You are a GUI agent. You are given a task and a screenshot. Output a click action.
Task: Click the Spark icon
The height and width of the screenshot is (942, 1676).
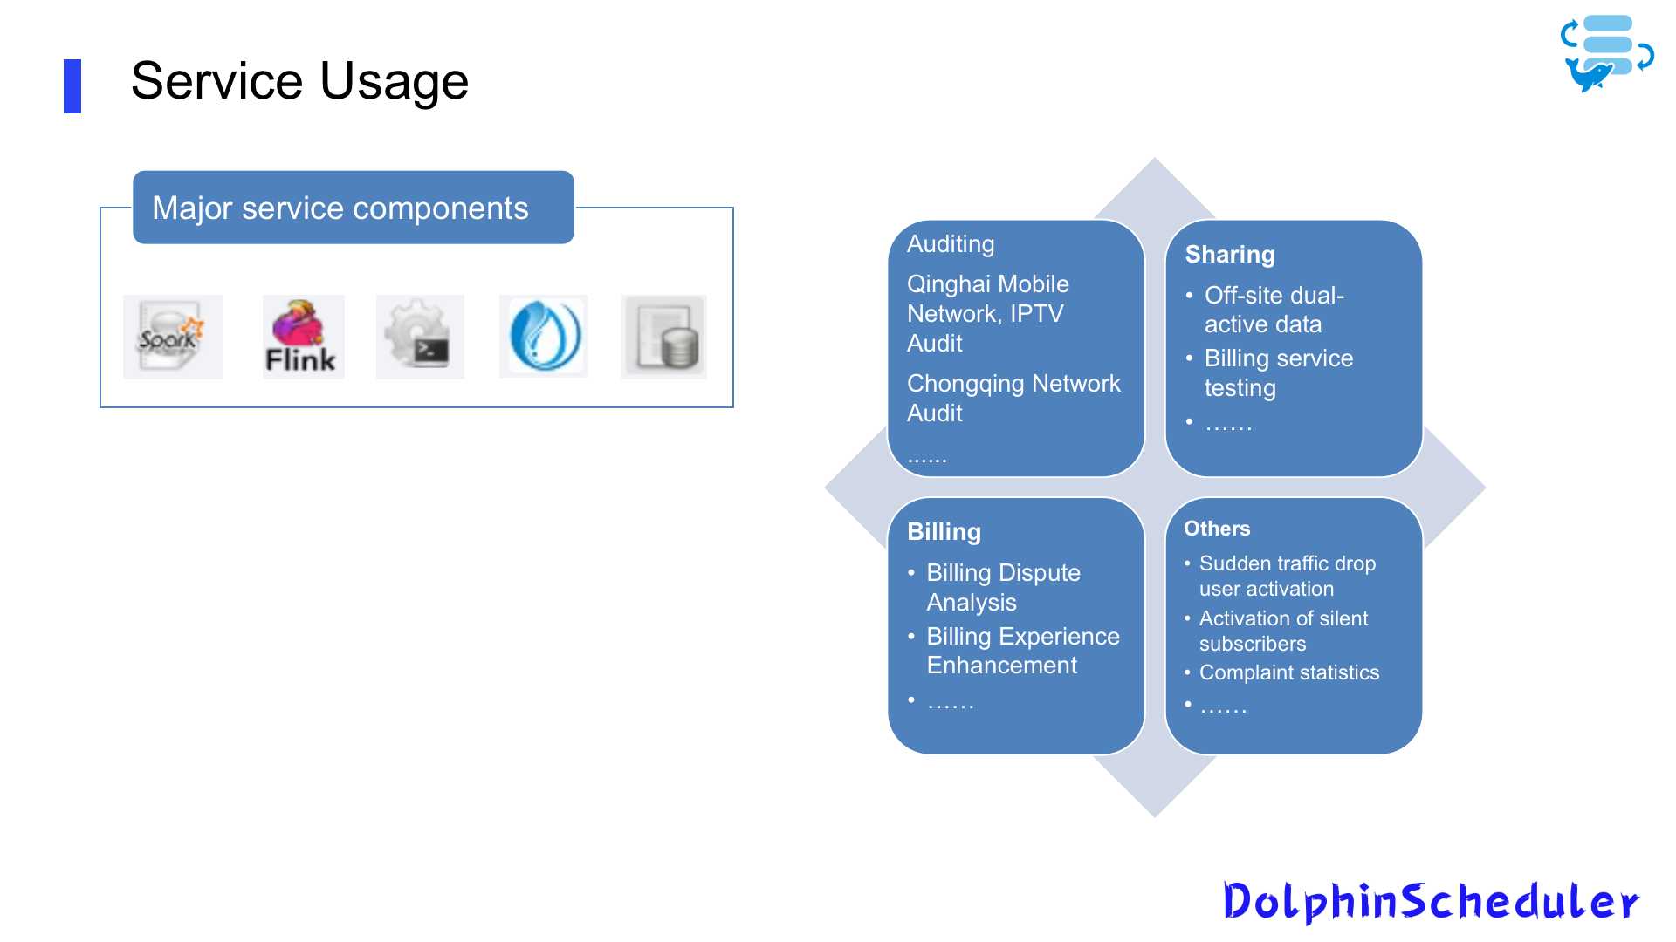pyautogui.click(x=173, y=337)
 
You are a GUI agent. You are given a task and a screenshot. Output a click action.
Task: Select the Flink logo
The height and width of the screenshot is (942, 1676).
pyautogui.click(x=303, y=337)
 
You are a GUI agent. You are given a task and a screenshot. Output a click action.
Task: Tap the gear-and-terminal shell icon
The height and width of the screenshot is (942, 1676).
pyautogui.click(x=420, y=337)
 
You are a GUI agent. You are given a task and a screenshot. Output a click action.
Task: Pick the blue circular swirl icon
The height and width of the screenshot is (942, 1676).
pyautogui.click(x=543, y=337)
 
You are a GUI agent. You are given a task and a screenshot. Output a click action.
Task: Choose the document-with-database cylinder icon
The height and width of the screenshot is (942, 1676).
pyautogui.click(x=663, y=337)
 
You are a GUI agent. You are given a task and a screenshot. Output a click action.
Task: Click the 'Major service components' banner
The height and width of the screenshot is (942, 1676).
pyautogui.click(x=353, y=208)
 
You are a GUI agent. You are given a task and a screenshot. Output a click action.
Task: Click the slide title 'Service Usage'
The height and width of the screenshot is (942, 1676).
pyautogui.click(x=299, y=81)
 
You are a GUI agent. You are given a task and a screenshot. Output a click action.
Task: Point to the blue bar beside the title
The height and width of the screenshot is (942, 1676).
pyautogui.click(x=72, y=86)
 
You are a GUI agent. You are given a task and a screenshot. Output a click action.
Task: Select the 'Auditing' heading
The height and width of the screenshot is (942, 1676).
pyautogui.click(x=951, y=244)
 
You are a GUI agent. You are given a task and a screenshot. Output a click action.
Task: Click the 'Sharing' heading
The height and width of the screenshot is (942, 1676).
pyautogui.click(x=1230, y=255)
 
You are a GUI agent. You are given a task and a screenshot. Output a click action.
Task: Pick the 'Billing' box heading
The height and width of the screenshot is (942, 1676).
pyautogui.click(x=944, y=532)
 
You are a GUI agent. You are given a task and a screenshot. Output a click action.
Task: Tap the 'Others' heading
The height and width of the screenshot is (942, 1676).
pyautogui.click(x=1217, y=529)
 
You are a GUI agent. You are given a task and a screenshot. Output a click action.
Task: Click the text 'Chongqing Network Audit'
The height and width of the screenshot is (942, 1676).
pyautogui.click(x=1013, y=398)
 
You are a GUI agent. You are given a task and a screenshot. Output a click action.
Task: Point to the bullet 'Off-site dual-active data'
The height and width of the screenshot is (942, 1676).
pyautogui.click(x=1274, y=310)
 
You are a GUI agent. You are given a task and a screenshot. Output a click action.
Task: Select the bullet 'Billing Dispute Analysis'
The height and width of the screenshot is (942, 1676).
pyautogui.click(x=1003, y=587)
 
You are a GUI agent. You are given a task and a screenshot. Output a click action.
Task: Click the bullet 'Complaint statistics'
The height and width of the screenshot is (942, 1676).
pyautogui.click(x=1288, y=672)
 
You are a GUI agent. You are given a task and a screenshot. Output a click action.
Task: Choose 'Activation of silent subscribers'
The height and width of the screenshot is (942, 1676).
pyautogui.click(x=1283, y=631)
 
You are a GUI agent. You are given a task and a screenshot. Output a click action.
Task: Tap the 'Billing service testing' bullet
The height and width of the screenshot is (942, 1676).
pyautogui.click(x=1278, y=372)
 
